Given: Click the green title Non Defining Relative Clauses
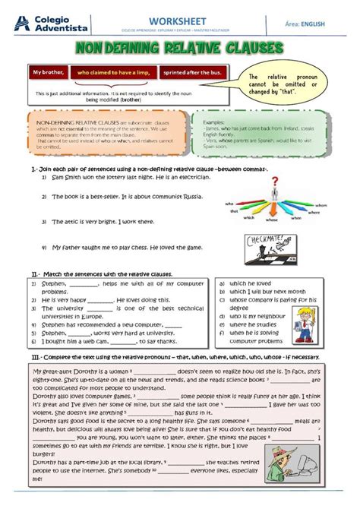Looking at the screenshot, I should point(180,49).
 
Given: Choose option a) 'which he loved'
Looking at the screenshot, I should point(251,283).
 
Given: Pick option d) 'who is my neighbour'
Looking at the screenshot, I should point(257,315).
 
